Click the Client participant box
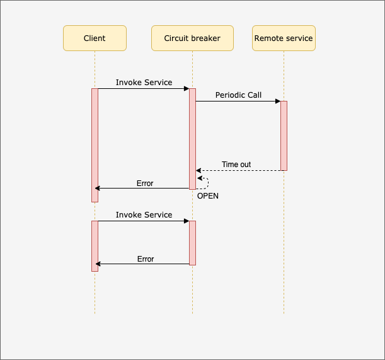[x=95, y=38]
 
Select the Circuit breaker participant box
[x=192, y=38]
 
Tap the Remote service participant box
[x=284, y=38]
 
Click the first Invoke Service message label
[x=144, y=83]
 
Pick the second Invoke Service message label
[x=144, y=215]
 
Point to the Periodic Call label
[x=238, y=95]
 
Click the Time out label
[x=236, y=165]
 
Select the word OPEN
[x=208, y=196]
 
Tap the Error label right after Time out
[x=145, y=183]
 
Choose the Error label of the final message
[x=146, y=259]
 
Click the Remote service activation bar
[x=284, y=136]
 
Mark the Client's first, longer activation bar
[x=95, y=145]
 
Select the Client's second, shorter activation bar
[x=95, y=246]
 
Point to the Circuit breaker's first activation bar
[x=192, y=139]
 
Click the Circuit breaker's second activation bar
[x=192, y=243]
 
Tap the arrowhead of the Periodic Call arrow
[x=277, y=101]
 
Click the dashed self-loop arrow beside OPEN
[x=206, y=183]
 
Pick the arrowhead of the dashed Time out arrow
[x=198, y=170]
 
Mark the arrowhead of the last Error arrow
[x=98, y=264]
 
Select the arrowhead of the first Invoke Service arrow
[x=186, y=88]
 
